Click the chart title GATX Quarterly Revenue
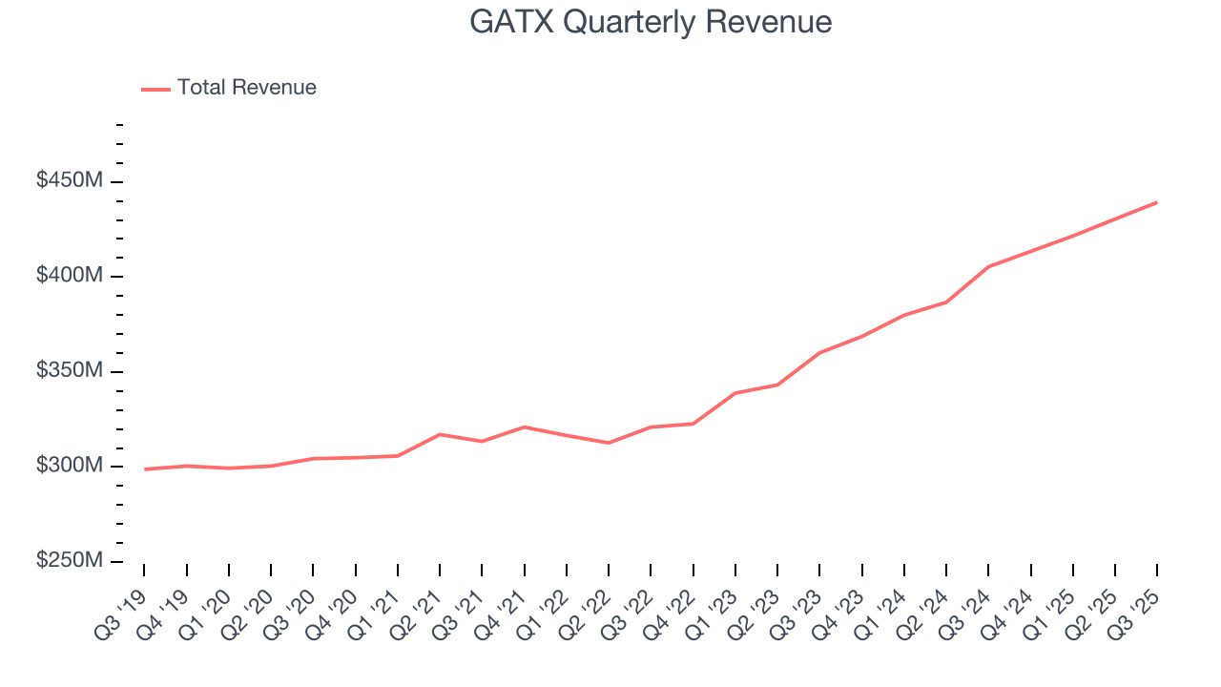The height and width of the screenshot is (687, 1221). [x=651, y=22]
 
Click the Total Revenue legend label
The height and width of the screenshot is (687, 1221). [x=246, y=88]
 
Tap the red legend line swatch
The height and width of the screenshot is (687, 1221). [x=155, y=89]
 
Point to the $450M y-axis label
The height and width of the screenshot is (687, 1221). [x=69, y=181]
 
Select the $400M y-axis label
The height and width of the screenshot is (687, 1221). [x=69, y=276]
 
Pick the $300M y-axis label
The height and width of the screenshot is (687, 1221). [x=69, y=466]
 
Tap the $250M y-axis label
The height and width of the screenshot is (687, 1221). [x=69, y=561]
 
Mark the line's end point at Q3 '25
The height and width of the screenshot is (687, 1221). [x=1156, y=202]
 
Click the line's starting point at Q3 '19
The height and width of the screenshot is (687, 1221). [x=144, y=468]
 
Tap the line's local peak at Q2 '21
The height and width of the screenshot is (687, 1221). [x=439, y=434]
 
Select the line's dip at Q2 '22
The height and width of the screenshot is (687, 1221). [x=608, y=443]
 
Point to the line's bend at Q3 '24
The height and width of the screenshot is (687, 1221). [x=988, y=266]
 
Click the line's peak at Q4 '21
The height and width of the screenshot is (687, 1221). [x=524, y=427]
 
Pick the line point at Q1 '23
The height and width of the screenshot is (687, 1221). [x=735, y=393]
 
